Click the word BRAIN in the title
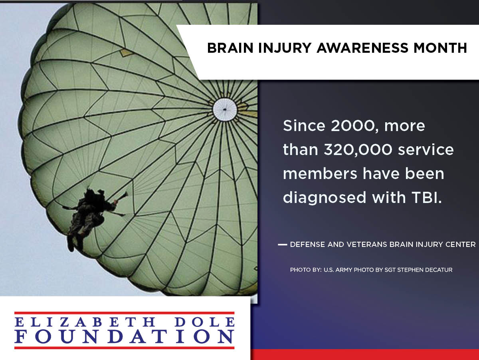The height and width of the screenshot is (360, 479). coord(230,48)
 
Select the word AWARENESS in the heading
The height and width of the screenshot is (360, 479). coord(362,48)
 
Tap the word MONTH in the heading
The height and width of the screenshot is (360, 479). coord(440,48)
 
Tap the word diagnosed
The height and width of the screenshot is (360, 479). coord(324,198)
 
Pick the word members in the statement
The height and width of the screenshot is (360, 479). coord(320,174)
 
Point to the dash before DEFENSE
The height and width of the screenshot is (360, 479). coord(282,245)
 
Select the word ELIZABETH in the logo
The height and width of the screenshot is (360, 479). coord(85,322)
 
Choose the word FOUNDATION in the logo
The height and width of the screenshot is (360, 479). coord(125,337)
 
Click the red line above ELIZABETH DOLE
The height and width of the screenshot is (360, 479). coord(125,313)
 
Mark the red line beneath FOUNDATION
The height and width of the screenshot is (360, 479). coord(125,348)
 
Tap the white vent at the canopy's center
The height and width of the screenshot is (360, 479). coord(225,109)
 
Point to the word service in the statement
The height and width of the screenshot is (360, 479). coord(426,150)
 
